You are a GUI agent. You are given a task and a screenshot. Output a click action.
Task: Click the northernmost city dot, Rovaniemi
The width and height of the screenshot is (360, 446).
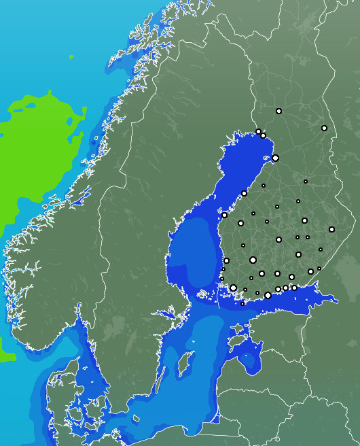click(x=278, y=111)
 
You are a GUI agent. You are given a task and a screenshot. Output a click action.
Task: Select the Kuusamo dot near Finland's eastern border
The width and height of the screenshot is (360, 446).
click(x=324, y=128)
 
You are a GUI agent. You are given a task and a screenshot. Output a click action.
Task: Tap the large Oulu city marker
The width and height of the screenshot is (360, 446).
click(x=275, y=158)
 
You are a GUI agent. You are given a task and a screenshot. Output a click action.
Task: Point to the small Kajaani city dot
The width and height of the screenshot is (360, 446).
click(x=306, y=182)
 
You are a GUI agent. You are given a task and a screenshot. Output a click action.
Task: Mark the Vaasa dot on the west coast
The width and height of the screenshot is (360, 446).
click(x=224, y=215)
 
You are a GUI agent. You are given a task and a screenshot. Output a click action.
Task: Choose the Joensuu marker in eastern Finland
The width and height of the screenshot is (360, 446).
click(x=331, y=229)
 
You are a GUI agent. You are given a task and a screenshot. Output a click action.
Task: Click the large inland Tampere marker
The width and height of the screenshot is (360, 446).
click(x=253, y=260)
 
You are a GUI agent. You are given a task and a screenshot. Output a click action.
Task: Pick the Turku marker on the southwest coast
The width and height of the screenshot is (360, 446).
click(x=233, y=288)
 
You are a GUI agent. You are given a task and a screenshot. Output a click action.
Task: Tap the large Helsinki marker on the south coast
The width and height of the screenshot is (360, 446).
click(x=268, y=295)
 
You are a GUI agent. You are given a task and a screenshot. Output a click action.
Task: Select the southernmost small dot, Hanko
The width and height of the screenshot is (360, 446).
click(x=242, y=304)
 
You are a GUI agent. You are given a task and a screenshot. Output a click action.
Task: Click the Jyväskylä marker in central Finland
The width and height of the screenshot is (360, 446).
click(x=278, y=239)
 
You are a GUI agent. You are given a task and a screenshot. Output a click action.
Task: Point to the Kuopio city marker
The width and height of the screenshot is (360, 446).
click(x=304, y=220)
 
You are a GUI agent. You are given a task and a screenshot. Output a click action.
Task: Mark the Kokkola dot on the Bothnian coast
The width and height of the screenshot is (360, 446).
click(x=244, y=193)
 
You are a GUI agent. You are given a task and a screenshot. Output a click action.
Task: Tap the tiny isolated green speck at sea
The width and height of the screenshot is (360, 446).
click(x=73, y=58)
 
